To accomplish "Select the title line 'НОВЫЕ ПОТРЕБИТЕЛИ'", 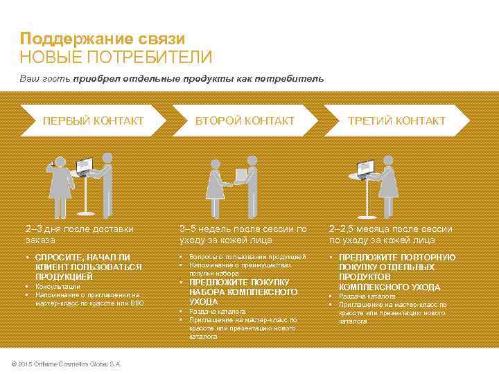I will (116, 57).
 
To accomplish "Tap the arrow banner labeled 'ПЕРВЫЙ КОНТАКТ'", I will (93, 121).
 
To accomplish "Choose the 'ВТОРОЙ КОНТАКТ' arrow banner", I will (244, 121).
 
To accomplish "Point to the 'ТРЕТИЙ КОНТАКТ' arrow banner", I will (396, 121).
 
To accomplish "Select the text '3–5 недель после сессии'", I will (243, 229).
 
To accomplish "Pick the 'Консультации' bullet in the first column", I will (58, 286).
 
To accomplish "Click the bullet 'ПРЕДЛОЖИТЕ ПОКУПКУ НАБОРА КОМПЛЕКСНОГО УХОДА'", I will (243, 292).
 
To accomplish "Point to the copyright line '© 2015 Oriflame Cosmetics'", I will (63, 364).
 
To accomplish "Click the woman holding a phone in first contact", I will (60, 184).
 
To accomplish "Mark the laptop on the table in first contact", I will (83, 166).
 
